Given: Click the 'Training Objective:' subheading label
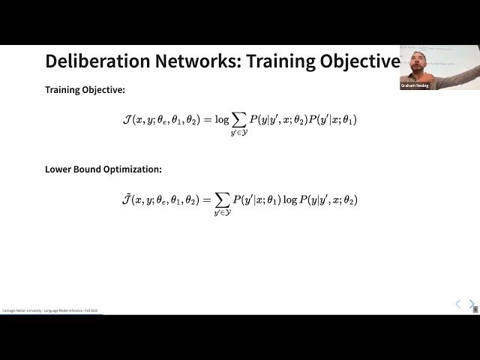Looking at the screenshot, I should click(x=85, y=90).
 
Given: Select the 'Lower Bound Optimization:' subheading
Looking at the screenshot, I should click(x=103, y=169).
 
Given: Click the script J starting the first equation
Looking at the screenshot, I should click(x=126, y=118).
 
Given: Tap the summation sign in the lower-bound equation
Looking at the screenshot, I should click(x=222, y=199).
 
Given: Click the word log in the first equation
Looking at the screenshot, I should click(x=221, y=118).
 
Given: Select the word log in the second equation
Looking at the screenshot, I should click(x=291, y=199).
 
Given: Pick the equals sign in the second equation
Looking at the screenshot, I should click(x=206, y=199).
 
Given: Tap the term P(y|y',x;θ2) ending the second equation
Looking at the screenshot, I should click(x=330, y=199).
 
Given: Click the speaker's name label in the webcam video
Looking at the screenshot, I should click(x=415, y=86).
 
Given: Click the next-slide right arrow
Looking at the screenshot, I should click(x=472, y=304).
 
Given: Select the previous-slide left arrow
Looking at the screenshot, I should click(x=458, y=304).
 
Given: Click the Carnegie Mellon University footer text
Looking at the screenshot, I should click(x=49, y=310).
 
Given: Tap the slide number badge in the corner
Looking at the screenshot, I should click(x=475, y=309).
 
